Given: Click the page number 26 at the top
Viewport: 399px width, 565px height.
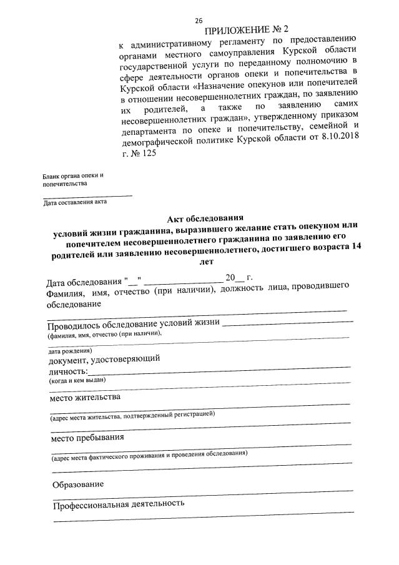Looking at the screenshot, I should pos(199,21).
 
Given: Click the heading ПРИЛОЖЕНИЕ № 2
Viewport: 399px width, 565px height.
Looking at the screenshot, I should pos(247,31).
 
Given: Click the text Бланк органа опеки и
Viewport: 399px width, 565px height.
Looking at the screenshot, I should pos(72,175).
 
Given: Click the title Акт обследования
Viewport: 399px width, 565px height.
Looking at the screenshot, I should pos(204,219).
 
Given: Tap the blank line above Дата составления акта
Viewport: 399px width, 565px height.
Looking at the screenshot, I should pos(87,195).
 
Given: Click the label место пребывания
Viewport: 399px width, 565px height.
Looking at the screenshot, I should pos(86,437).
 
